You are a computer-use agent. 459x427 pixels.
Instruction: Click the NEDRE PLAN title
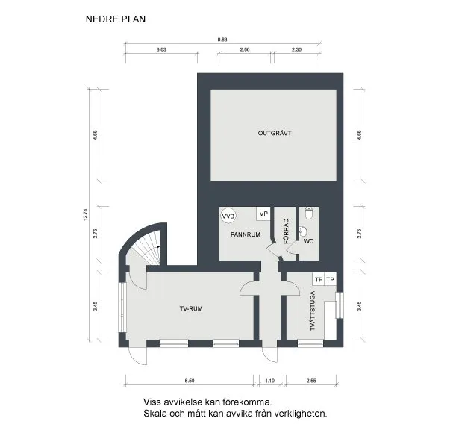[x=115, y=20]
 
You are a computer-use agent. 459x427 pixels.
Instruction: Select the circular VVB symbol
[x=228, y=216]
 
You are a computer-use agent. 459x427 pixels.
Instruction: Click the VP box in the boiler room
[x=263, y=214]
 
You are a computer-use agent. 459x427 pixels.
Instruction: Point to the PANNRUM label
[x=245, y=234]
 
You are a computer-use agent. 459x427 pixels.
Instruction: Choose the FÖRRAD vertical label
[x=287, y=231]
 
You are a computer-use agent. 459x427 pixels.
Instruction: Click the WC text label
[x=308, y=241]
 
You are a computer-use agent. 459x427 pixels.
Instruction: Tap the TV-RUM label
[x=191, y=308]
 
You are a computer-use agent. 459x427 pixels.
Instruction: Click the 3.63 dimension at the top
[x=160, y=49]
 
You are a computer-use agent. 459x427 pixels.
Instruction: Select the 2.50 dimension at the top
[x=244, y=49]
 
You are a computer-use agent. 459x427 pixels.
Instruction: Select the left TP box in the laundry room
[x=318, y=279]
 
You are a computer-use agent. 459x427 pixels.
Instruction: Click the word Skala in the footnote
[x=156, y=413]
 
